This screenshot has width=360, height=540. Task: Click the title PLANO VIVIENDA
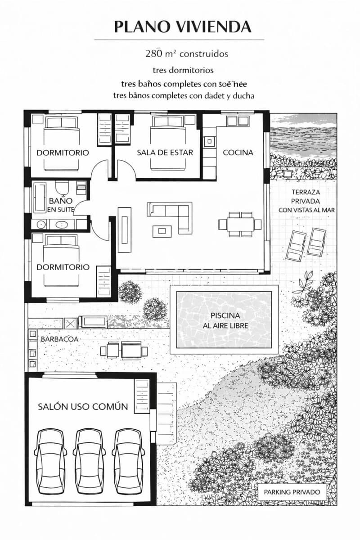pyautogui.click(x=182, y=27)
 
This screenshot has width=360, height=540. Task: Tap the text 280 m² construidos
pyautogui.click(x=186, y=54)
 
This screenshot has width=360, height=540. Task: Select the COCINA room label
pyautogui.click(x=238, y=152)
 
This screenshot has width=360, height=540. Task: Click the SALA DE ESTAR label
pyautogui.click(x=165, y=152)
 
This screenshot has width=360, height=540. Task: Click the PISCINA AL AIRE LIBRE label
pyautogui.click(x=225, y=320)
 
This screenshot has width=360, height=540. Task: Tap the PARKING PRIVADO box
pyautogui.click(x=292, y=492)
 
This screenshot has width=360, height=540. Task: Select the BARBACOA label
pyautogui.click(x=59, y=338)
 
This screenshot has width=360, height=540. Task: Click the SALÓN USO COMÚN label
pyautogui.click(x=83, y=406)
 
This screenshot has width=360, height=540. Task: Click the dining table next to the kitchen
pyautogui.click(x=240, y=224)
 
